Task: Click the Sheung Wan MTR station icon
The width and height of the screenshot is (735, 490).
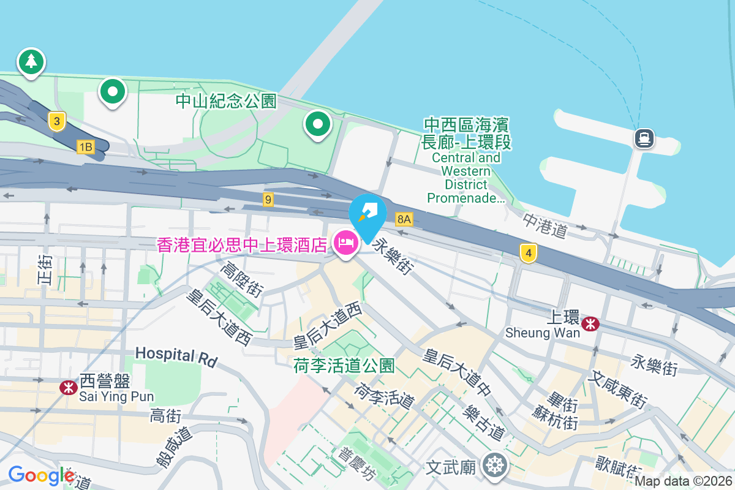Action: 590,323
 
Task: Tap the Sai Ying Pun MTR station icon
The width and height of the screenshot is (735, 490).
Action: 68,387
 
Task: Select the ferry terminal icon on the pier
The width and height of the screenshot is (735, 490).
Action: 644,138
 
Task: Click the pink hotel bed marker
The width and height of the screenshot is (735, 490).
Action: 346,244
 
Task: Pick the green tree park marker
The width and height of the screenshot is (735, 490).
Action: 31,61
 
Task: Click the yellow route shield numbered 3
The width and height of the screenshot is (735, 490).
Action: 56,121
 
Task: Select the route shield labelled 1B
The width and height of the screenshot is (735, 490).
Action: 85,146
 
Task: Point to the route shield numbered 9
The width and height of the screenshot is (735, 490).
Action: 268,199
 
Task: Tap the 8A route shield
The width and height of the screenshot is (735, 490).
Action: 403,219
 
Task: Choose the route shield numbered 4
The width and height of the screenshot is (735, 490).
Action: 528,252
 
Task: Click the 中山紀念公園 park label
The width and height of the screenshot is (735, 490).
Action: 226,101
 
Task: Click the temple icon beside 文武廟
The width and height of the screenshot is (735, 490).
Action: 494,465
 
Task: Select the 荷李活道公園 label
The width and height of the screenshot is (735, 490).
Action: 344,366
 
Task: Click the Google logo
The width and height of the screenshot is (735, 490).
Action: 42,475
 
